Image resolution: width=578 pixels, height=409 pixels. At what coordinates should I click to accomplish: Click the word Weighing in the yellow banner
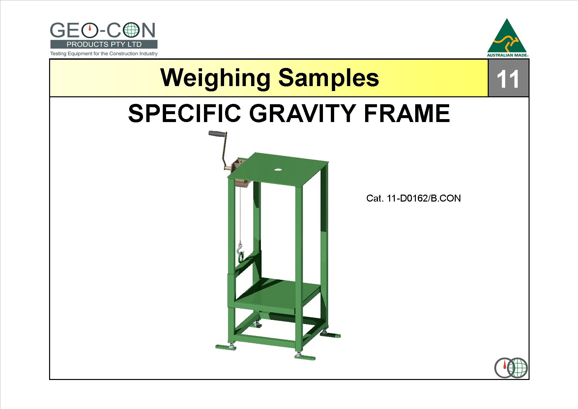click(216, 79)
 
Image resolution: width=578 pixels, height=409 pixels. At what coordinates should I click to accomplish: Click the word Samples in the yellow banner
click(329, 79)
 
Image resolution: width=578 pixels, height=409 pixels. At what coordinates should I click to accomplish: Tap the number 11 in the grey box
click(507, 79)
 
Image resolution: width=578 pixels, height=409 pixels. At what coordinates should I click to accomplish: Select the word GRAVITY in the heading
click(303, 113)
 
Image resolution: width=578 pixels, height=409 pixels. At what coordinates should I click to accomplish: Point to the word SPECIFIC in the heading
click(185, 113)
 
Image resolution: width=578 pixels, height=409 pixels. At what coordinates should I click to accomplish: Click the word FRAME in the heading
click(407, 113)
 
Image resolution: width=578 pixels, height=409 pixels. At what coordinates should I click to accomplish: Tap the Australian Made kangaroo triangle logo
click(507, 38)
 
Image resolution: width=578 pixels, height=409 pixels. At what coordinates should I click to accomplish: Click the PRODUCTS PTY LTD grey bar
click(104, 44)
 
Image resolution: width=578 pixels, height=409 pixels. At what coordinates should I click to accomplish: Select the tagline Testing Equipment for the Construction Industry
click(104, 53)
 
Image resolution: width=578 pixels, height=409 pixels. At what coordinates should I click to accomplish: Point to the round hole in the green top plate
click(278, 170)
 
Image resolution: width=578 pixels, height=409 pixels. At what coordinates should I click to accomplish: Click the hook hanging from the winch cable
click(240, 253)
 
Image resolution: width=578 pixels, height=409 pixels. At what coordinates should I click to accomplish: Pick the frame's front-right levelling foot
click(305, 357)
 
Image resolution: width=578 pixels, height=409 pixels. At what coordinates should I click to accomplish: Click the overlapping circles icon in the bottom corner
click(511, 368)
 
